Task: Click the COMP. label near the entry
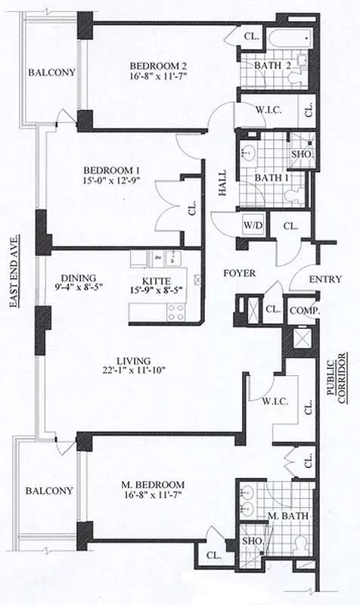[x=305, y=310]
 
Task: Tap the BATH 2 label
[x=272, y=66]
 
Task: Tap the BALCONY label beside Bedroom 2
[x=52, y=73]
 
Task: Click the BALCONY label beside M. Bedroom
[x=49, y=490]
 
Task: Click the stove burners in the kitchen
[x=175, y=310]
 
